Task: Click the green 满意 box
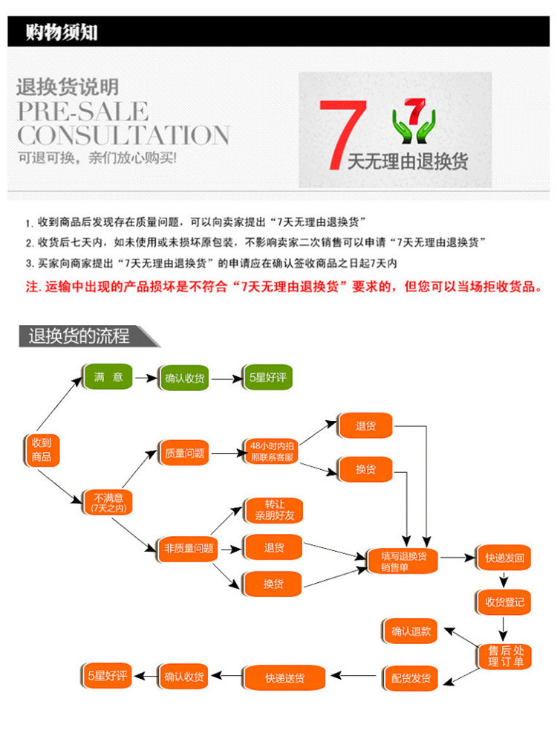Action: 108,377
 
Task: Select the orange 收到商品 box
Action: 42,449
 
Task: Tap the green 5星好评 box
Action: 267,377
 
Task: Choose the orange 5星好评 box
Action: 108,676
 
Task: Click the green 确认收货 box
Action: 184,378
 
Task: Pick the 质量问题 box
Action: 184,452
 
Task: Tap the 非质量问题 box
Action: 189,549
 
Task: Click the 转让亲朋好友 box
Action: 274,509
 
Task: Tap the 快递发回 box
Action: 504,558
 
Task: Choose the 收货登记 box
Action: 504,602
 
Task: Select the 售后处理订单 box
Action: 505,656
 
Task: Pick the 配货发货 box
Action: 411,677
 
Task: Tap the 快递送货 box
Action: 284,677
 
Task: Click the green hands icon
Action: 414,123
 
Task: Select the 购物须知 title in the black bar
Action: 62,32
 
